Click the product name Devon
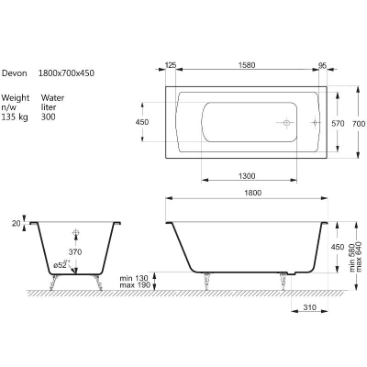point(15,73)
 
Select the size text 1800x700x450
point(66,73)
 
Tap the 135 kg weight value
point(15,117)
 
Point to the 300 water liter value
point(49,117)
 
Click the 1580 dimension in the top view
point(247,65)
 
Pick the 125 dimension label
point(171,65)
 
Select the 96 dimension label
point(323,65)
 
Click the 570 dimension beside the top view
point(338,124)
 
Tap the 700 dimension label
point(359,124)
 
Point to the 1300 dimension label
point(247,176)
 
